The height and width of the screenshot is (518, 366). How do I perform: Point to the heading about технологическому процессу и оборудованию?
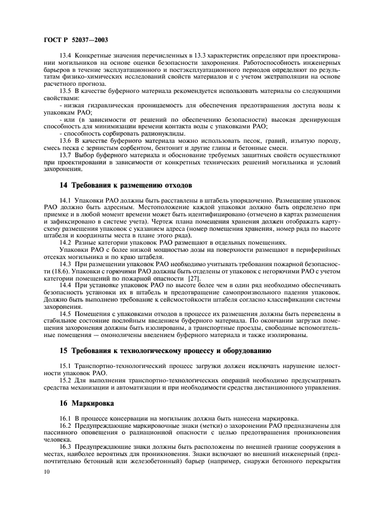165,351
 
